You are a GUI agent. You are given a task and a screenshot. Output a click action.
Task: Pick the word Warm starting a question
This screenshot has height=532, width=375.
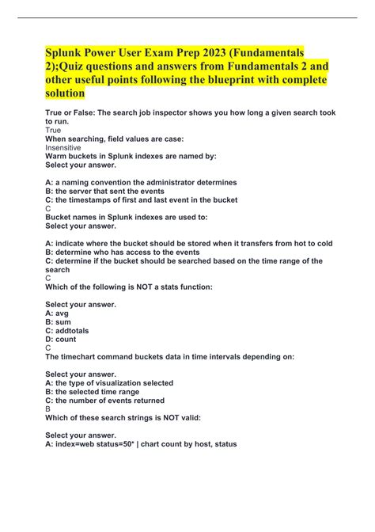[x=57, y=157]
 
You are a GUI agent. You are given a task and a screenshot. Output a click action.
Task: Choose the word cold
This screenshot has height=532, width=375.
[x=323, y=243]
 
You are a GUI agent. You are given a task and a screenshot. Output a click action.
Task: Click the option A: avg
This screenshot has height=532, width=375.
[x=60, y=312]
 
